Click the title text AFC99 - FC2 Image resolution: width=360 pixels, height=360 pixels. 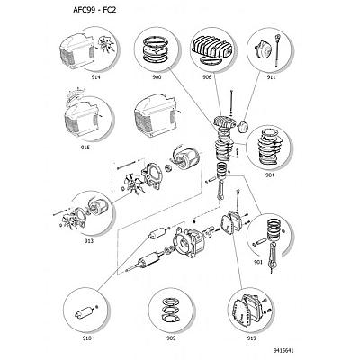pyautogui.click(x=94, y=10)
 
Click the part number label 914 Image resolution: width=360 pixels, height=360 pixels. pyautogui.click(x=96, y=77)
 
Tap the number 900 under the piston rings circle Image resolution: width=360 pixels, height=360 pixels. pyautogui.click(x=157, y=77)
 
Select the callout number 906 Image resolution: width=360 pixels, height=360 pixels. pyautogui.click(x=207, y=77)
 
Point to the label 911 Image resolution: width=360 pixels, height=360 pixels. pyautogui.click(x=272, y=77)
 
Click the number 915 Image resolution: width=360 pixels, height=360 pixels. pyautogui.click(x=85, y=148)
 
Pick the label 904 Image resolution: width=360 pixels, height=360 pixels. pyautogui.click(x=270, y=175)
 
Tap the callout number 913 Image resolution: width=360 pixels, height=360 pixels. pyautogui.click(x=89, y=241)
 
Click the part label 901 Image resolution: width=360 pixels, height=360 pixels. pyautogui.click(x=257, y=262)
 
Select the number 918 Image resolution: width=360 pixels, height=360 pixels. pyautogui.click(x=86, y=338)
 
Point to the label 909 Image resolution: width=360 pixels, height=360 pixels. pyautogui.click(x=171, y=338)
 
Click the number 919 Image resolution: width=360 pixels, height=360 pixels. pyautogui.click(x=251, y=338)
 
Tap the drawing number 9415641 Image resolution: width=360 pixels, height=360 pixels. pyautogui.click(x=283, y=350)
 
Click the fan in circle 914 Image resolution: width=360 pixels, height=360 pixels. pyautogui.click(x=107, y=45)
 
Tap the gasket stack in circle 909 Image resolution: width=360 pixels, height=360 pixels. pyautogui.click(x=170, y=310)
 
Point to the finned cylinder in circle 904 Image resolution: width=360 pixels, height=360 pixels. pyautogui.click(x=269, y=147)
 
